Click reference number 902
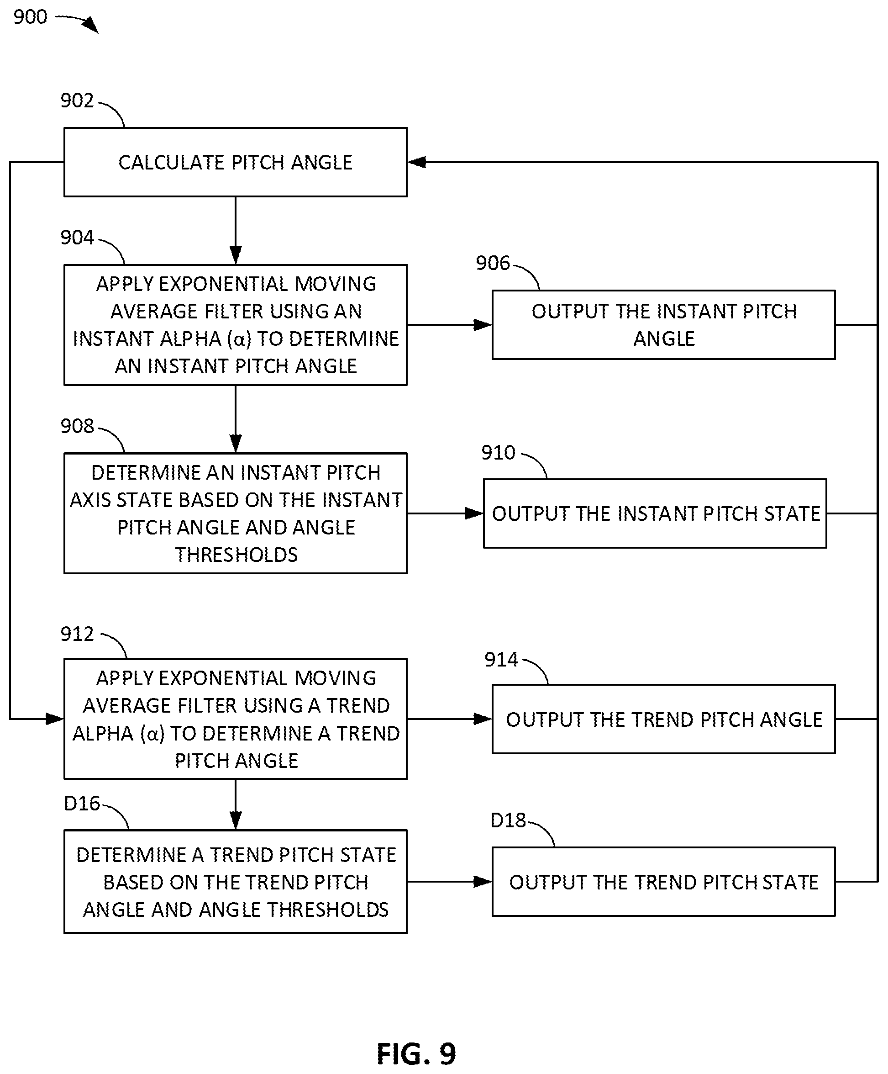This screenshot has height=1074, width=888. pyautogui.click(x=77, y=101)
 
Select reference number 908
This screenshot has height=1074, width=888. pyautogui.click(x=77, y=426)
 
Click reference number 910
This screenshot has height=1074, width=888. pyautogui.click(x=499, y=453)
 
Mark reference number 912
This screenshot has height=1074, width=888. pyautogui.click(x=77, y=634)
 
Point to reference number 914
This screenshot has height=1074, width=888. pyautogui.click(x=501, y=660)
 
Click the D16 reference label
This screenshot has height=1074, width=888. pyautogui.click(x=82, y=804)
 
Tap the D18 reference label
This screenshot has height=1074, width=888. pyautogui.click(x=508, y=820)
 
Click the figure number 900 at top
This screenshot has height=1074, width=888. pyautogui.click(x=30, y=17)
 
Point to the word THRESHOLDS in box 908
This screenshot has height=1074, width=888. pyautogui.click(x=236, y=555)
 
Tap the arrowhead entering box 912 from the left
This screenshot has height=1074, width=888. pyautogui.click(x=55, y=719)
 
